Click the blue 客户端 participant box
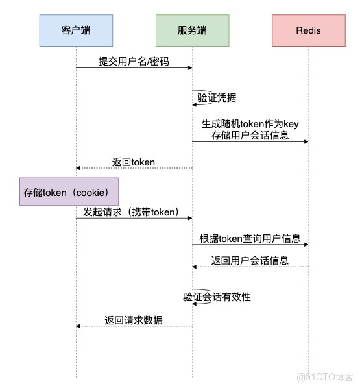pyautogui.click(x=76, y=30)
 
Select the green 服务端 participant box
pyautogui.click(x=193, y=30)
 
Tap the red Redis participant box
pyautogui.click(x=309, y=30)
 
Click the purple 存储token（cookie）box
pyautogui.click(x=69, y=191)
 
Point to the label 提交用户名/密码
pyautogui.click(x=134, y=62)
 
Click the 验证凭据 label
pyautogui.click(x=217, y=98)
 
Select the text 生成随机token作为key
pyautogui.click(x=250, y=124)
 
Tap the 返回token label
pyautogui.click(x=134, y=162)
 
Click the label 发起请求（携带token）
pyautogui.click(x=131, y=212)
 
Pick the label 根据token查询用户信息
pyautogui.click(x=250, y=239)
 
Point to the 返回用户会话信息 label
pyautogui.click(x=250, y=261)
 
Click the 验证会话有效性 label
pyautogui.click(x=217, y=297)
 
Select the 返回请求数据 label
pyautogui.click(x=134, y=321)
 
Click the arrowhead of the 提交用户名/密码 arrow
pyautogui.click(x=190, y=67)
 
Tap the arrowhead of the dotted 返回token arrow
pyautogui.click(x=78, y=168)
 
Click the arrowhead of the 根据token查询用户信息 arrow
pyautogui.click(x=306, y=245)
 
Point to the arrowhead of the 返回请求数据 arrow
pyautogui.click(x=78, y=326)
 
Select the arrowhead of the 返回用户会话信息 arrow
pyautogui.click(x=195, y=267)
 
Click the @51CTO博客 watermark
pyautogui.click(x=325, y=377)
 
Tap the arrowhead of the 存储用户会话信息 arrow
pyautogui.click(x=306, y=142)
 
